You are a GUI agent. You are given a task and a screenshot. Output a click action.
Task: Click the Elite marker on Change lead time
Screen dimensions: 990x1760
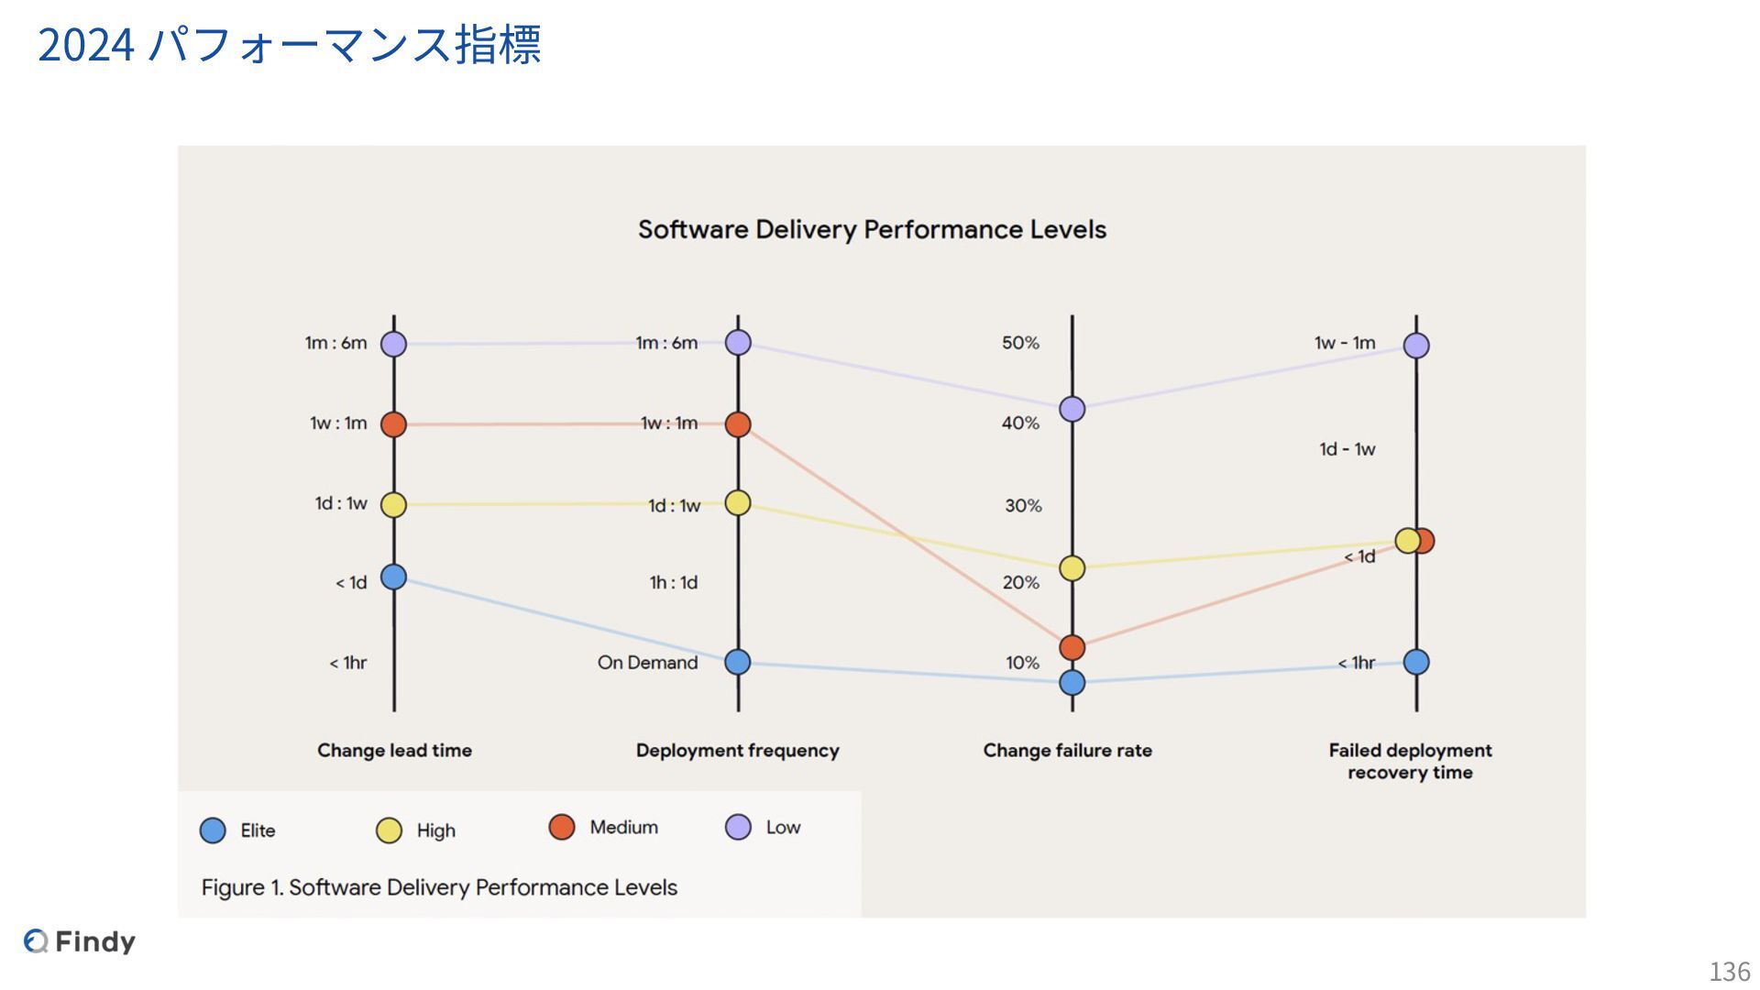point(393,577)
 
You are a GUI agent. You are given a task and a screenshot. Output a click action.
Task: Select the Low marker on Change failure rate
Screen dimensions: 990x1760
point(1072,409)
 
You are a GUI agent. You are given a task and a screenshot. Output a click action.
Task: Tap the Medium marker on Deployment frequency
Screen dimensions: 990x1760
point(738,424)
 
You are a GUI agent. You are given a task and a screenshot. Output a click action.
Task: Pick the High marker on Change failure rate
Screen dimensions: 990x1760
point(1072,568)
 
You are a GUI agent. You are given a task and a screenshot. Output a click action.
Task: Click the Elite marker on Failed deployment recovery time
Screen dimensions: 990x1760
point(1416,662)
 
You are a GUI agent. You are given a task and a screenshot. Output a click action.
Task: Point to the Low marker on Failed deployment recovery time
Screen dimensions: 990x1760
point(1416,346)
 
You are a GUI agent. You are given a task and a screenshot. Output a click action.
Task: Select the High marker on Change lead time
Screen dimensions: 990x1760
point(393,504)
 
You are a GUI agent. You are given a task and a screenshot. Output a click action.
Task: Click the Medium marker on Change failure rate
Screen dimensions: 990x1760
point(1072,648)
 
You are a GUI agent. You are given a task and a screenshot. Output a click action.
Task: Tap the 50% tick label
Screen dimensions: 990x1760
point(1020,343)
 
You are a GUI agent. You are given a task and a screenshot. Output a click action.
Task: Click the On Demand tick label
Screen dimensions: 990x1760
point(647,663)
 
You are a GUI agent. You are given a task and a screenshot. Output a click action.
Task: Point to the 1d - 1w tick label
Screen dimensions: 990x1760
point(1347,449)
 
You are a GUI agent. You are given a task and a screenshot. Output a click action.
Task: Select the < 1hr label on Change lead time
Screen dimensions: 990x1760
point(347,663)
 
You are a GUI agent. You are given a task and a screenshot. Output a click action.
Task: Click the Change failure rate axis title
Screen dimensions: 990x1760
point(1067,751)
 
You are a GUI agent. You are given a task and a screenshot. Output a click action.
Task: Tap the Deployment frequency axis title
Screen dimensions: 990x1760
point(737,751)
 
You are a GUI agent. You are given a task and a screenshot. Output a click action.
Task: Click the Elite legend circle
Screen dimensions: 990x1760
point(213,830)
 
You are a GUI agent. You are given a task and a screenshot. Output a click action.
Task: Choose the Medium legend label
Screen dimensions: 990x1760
point(623,827)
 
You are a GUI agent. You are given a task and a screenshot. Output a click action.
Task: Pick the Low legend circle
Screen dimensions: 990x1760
point(738,827)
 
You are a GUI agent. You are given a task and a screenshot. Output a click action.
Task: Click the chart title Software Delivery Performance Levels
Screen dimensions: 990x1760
point(872,229)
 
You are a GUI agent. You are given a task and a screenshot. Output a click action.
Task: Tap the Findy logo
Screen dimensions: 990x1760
point(80,941)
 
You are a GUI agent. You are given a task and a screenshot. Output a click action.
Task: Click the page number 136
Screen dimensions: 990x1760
point(1729,971)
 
